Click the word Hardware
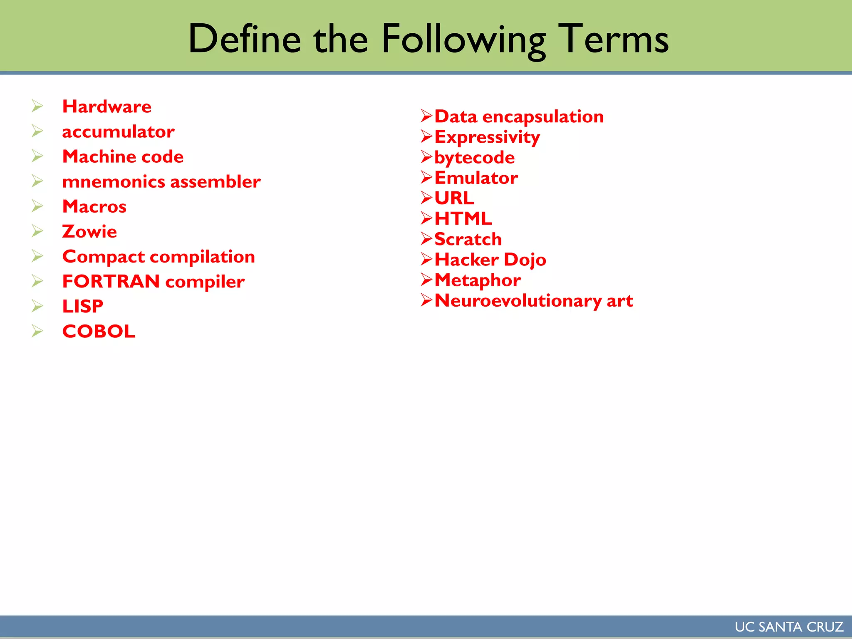106,106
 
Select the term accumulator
118,132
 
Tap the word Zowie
89,232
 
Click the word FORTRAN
111,282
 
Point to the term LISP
82,307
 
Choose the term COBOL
99,332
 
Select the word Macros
94,207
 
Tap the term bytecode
474,158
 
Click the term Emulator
476,178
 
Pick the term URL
454,198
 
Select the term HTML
463,219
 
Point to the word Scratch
468,239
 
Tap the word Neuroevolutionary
518,301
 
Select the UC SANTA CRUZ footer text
789,627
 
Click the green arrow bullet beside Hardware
37,106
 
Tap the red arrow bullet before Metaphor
427,280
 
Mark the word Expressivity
487,137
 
